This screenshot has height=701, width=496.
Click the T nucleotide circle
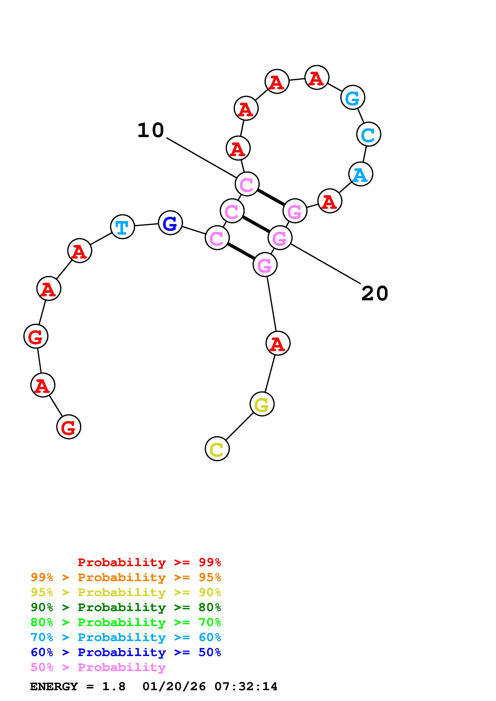click(x=122, y=227)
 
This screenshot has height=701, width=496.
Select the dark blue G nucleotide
click(x=170, y=223)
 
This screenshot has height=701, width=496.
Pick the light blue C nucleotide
click(x=368, y=134)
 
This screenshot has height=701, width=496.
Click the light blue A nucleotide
click(x=361, y=174)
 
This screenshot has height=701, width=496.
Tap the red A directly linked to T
click(x=79, y=251)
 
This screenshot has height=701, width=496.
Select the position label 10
click(x=151, y=130)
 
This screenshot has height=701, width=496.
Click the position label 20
click(x=375, y=294)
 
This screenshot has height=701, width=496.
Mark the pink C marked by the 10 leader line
click(x=247, y=184)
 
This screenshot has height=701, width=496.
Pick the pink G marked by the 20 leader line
click(x=280, y=238)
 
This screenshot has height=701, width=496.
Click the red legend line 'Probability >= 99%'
click(x=149, y=562)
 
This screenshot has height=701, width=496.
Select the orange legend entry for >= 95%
click(x=126, y=577)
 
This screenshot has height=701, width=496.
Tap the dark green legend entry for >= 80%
click(x=126, y=607)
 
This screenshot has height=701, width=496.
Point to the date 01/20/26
click(x=174, y=687)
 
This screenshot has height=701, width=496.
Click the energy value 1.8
click(x=114, y=687)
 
